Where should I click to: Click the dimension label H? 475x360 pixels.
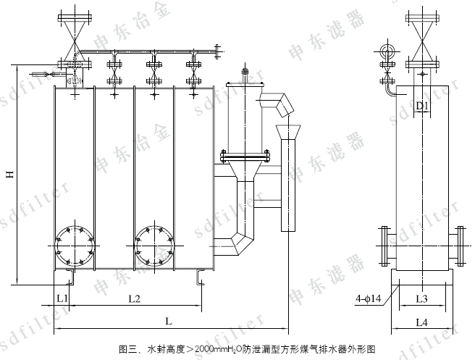click(x=10, y=175)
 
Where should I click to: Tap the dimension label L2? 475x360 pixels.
click(x=134, y=298)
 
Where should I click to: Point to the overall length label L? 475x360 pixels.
click(x=169, y=319)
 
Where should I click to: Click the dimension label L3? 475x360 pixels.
click(x=423, y=298)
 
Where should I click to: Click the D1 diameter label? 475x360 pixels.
click(x=423, y=106)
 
